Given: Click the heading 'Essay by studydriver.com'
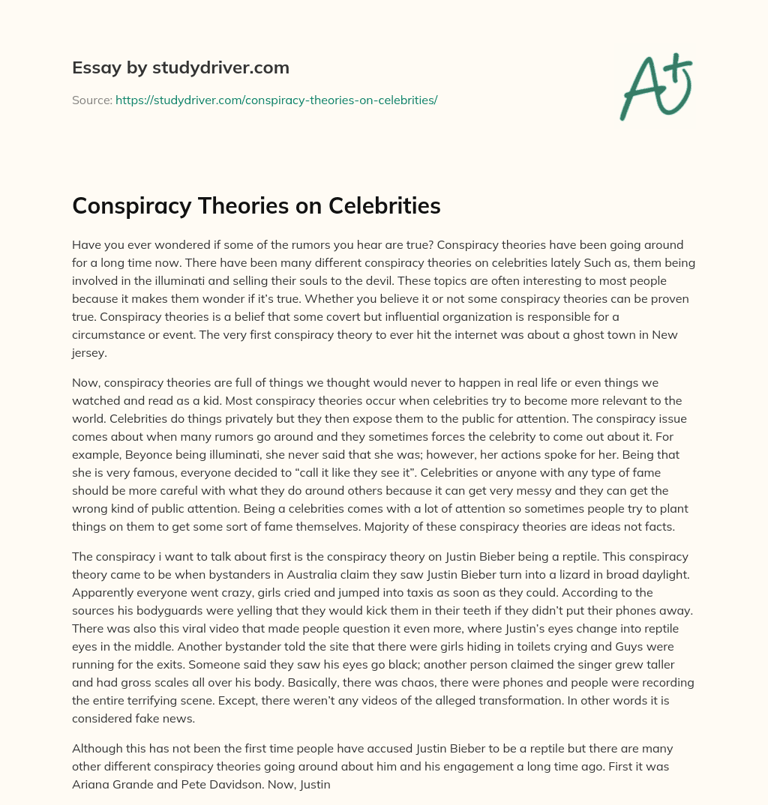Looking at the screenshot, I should pos(181,68).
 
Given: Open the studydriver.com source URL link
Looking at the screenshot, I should pos(276,100).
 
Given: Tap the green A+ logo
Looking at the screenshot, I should pos(654,87).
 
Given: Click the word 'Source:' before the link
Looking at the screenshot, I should pos(92,100).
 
